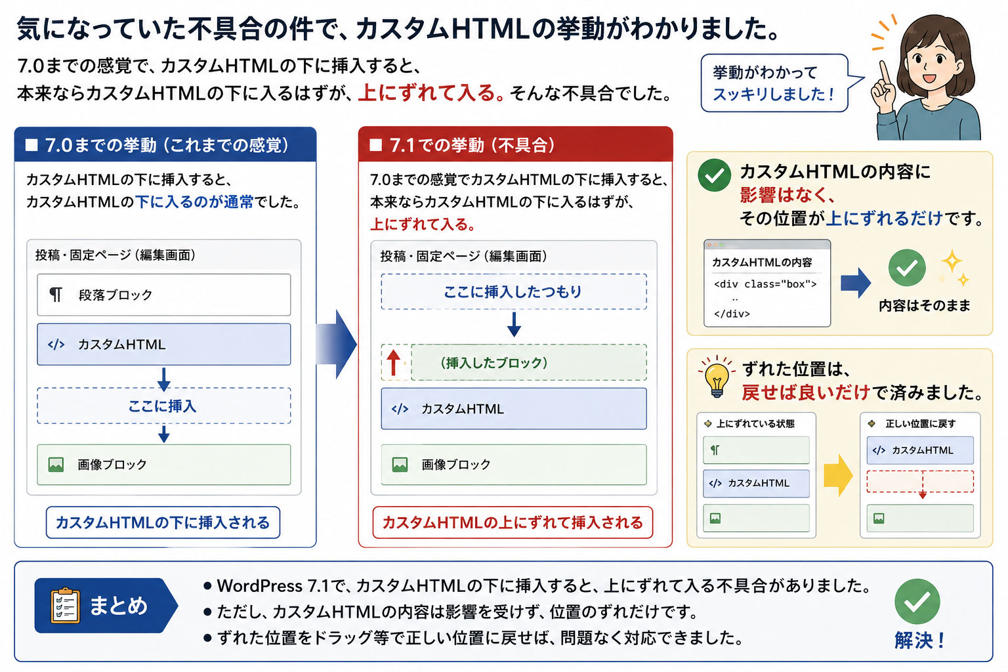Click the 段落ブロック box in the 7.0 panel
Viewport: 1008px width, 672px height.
pyautogui.click(x=164, y=295)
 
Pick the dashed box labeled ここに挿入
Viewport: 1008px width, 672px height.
pyautogui.click(x=164, y=406)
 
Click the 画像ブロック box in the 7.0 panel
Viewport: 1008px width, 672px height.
pyautogui.click(x=164, y=465)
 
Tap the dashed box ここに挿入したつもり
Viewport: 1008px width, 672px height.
pyautogui.click(x=513, y=291)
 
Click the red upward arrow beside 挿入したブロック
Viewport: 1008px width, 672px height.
pyautogui.click(x=393, y=362)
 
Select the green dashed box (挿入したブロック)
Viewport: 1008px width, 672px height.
pyautogui.click(x=529, y=362)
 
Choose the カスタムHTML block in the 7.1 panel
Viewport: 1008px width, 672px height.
pyautogui.click(x=513, y=409)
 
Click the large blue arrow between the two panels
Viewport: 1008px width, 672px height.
pyautogui.click(x=337, y=345)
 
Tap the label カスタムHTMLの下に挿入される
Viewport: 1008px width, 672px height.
pyautogui.click(x=163, y=522)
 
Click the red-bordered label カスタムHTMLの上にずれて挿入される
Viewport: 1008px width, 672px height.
pyautogui.click(x=513, y=522)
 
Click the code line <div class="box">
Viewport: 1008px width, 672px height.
pyautogui.click(x=765, y=284)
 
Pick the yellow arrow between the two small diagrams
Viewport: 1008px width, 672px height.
pyautogui.click(x=838, y=475)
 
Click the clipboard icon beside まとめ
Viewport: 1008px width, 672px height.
pyautogui.click(x=66, y=606)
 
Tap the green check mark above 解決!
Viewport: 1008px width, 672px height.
pyautogui.click(x=917, y=601)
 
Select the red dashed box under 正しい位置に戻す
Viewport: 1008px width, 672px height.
pyautogui.click(x=920, y=482)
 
